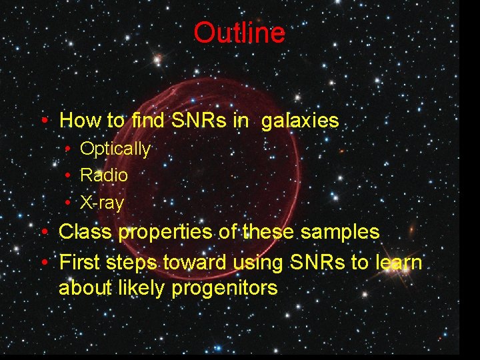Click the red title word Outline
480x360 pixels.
239,33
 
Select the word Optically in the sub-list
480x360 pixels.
115,149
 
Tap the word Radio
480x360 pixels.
103,175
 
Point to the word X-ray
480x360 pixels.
101,203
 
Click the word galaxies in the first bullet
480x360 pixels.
300,121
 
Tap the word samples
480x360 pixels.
340,232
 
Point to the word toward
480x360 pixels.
195,263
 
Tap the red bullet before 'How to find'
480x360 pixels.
43,121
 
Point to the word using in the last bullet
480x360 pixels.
260,263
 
